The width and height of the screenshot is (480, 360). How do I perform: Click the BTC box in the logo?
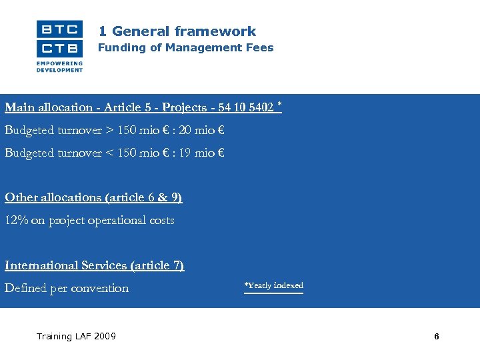[59, 29]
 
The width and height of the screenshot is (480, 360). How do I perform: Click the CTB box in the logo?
[59, 48]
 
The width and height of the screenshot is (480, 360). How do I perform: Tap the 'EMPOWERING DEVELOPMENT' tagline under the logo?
[60, 66]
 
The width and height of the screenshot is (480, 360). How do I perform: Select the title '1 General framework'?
[177, 31]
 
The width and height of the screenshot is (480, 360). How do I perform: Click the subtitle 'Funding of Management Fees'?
[186, 48]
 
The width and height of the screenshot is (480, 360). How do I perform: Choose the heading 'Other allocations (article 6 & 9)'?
[93, 197]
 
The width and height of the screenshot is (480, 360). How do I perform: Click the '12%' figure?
[16, 220]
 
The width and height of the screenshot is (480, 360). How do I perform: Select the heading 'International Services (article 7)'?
[94, 265]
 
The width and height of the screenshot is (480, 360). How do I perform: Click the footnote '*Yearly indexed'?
[273, 286]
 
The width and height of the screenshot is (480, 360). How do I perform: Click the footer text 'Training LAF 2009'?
[76, 336]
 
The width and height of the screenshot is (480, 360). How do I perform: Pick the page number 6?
[437, 337]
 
